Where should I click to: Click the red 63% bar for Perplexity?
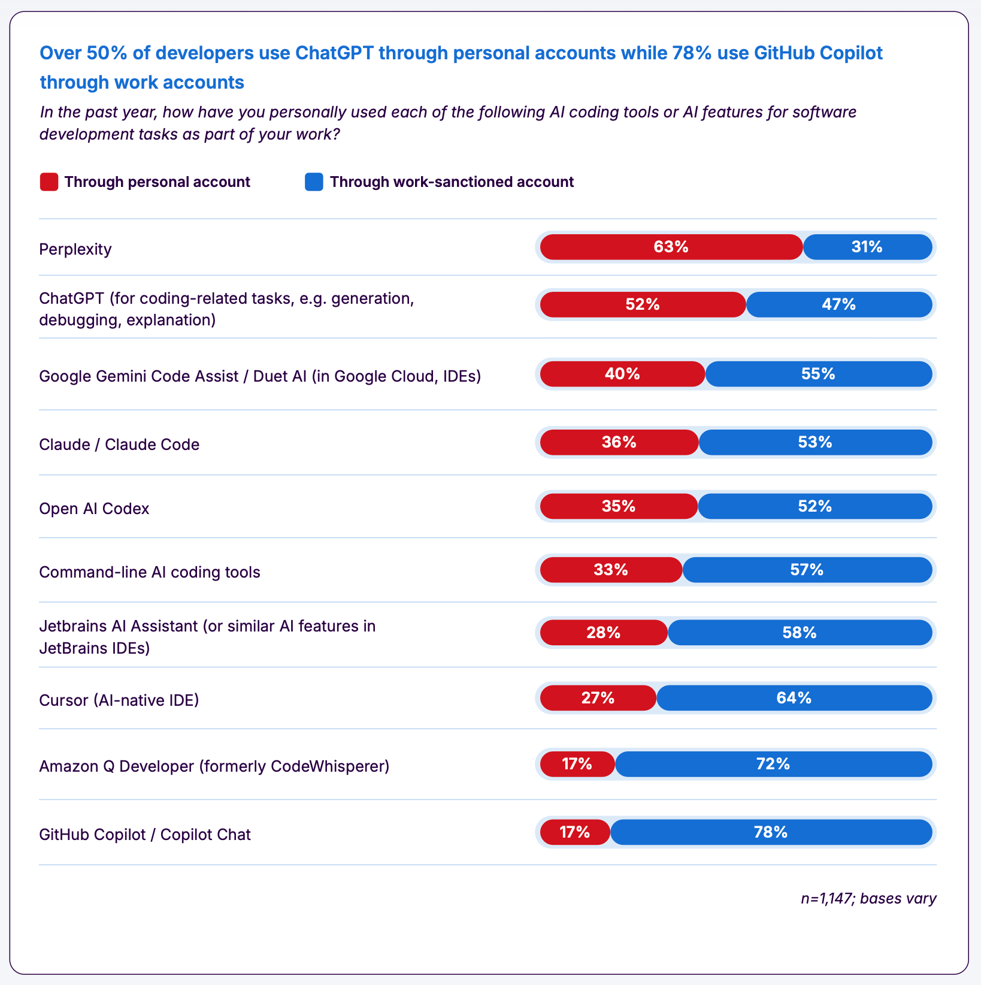(671, 247)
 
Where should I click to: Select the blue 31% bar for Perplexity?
(867, 247)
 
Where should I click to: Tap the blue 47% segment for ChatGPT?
(838, 304)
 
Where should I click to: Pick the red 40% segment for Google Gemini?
(622, 374)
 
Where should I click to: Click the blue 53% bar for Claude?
(815, 442)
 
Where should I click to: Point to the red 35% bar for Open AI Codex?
(619, 506)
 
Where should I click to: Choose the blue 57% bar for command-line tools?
(807, 570)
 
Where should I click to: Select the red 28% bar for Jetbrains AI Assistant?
(603, 633)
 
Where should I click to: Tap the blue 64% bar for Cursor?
(794, 698)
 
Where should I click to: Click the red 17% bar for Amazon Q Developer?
(577, 764)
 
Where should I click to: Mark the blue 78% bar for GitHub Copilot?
(771, 832)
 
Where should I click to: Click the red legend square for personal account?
(49, 182)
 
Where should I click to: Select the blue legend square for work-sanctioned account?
(314, 182)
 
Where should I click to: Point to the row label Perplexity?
(75, 249)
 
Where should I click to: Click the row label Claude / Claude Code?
(119, 445)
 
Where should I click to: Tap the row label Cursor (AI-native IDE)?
(119, 700)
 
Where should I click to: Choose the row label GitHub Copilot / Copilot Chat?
(145, 835)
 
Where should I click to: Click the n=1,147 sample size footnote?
(868, 898)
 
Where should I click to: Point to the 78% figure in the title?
(692, 53)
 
